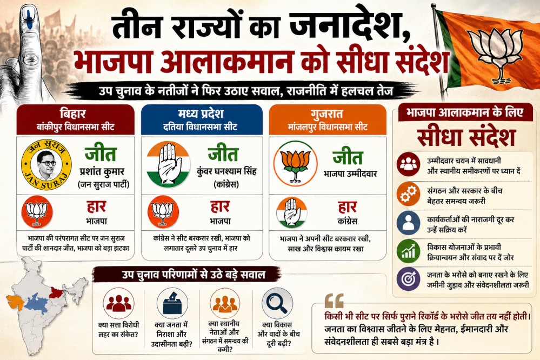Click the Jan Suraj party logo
point(46,165)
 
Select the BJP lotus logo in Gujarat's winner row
point(295,163)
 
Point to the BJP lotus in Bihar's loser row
point(37,212)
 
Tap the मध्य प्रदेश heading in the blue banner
point(201,114)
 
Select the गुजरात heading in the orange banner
point(327,114)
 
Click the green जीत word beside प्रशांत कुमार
point(101,154)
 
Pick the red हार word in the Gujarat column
point(347,207)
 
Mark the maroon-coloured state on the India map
point(55,292)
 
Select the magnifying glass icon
point(277,303)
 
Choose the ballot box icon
point(172,303)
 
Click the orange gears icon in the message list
point(409,194)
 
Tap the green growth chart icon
point(409,251)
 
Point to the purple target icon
point(409,279)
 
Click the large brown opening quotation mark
point(334,301)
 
